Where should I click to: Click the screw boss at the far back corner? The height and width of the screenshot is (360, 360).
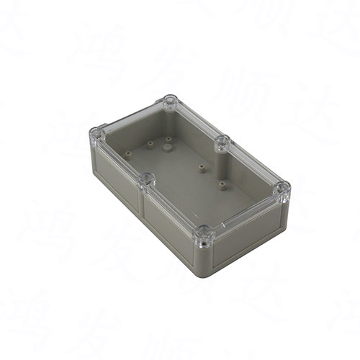click(170, 102)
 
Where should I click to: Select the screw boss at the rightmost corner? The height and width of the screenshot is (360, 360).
click(282, 189)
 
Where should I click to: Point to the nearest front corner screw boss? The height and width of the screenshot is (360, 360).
click(204, 233)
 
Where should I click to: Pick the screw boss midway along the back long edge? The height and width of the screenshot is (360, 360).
click(222, 141)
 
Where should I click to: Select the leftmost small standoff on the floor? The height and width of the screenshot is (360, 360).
click(127, 153)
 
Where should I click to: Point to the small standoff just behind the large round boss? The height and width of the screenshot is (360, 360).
click(168, 138)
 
